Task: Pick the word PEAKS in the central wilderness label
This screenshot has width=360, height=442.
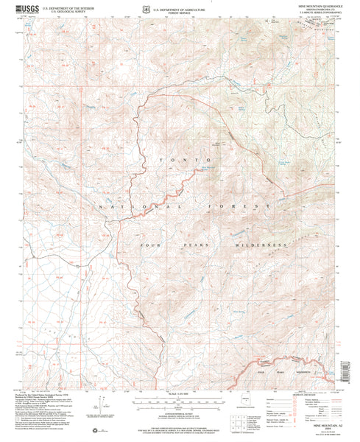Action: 193,243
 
